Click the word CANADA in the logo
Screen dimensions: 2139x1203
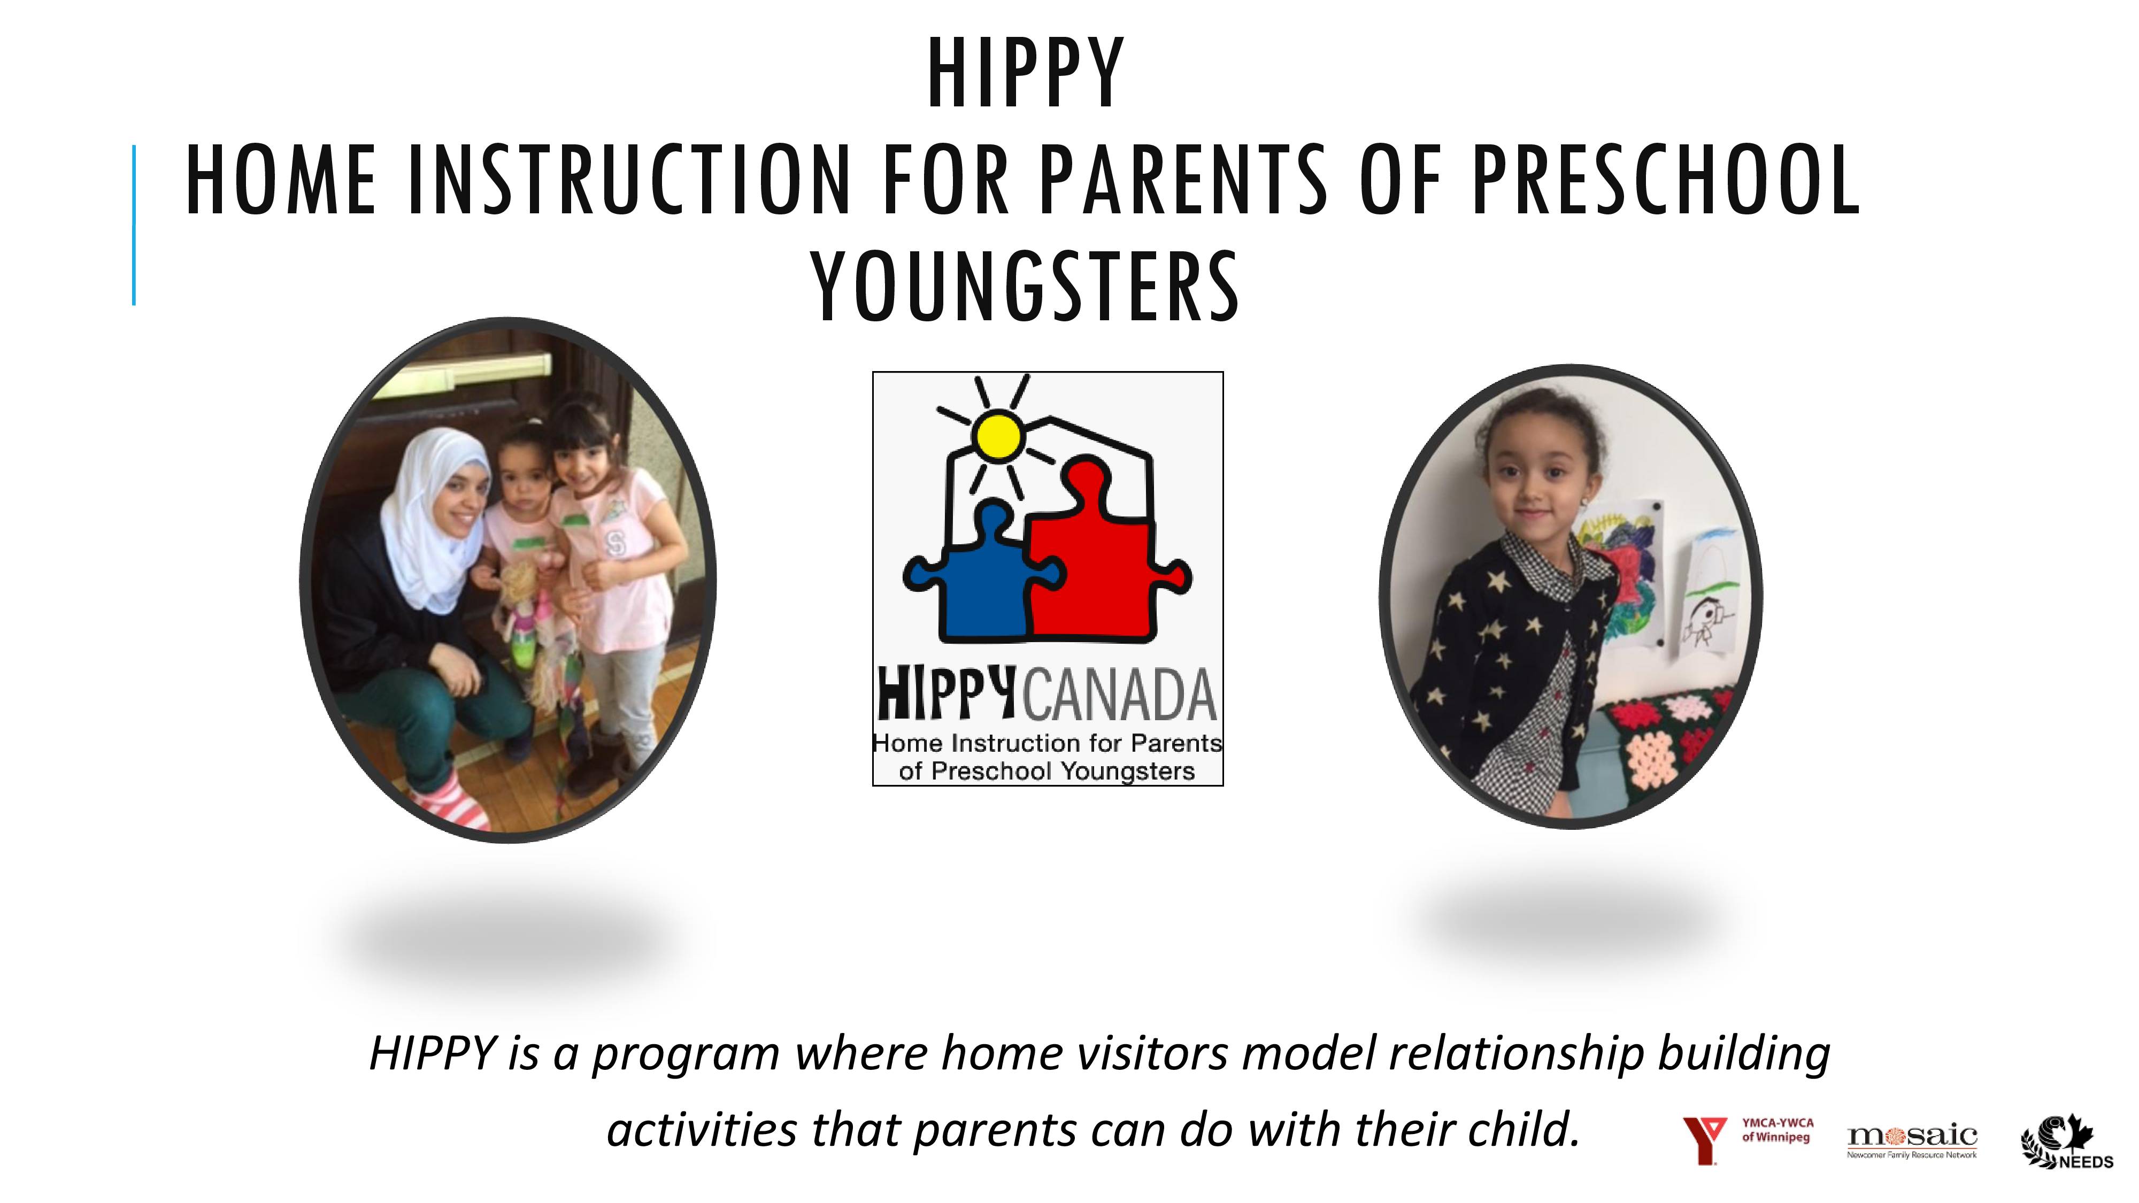point(1119,696)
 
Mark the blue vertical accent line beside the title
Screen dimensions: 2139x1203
point(134,225)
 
